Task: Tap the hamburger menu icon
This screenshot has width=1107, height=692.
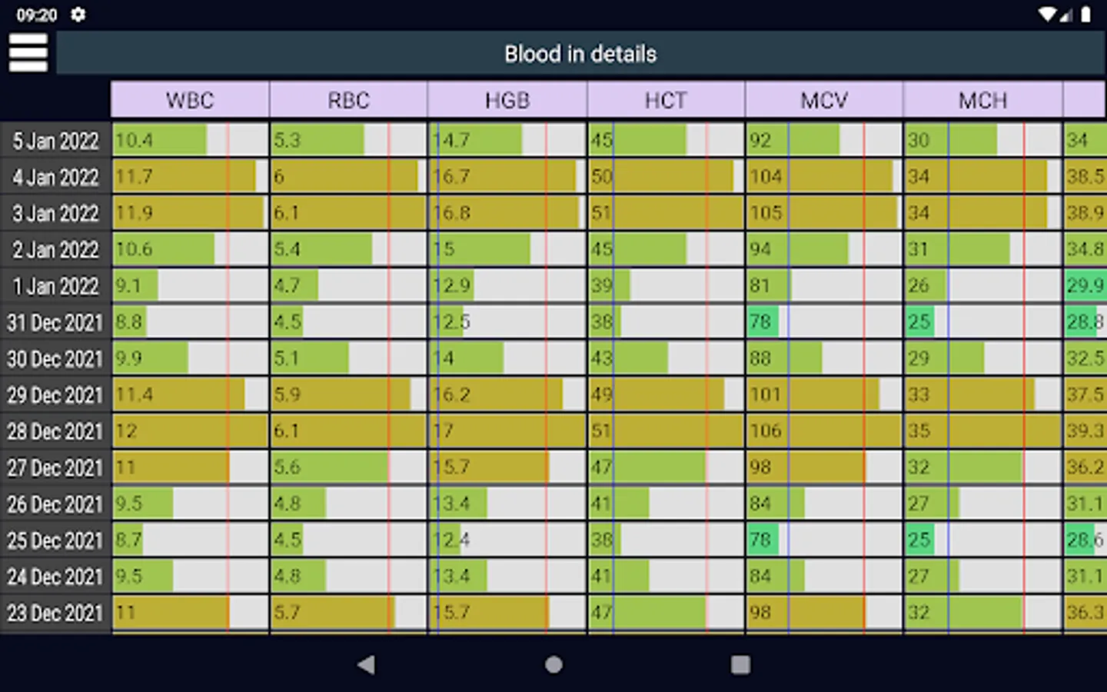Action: (x=28, y=53)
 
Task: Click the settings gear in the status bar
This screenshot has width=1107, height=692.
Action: (x=78, y=15)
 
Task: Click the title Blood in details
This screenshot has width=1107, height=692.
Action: (x=580, y=54)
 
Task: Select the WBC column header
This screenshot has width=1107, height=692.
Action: (x=190, y=101)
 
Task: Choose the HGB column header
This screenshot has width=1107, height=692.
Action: (x=507, y=101)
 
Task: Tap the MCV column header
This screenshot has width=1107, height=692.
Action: (x=824, y=101)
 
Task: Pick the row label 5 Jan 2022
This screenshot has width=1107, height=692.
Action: (x=55, y=141)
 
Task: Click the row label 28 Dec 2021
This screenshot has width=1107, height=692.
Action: (x=55, y=431)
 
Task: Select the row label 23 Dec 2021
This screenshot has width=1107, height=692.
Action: (x=55, y=613)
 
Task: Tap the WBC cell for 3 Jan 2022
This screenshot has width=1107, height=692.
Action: (x=190, y=213)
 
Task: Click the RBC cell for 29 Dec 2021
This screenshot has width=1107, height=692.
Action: (x=349, y=395)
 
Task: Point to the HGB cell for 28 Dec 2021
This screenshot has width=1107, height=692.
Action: (x=507, y=431)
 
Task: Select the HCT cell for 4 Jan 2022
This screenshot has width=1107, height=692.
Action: (x=666, y=177)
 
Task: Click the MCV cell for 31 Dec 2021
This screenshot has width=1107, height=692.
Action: (x=824, y=322)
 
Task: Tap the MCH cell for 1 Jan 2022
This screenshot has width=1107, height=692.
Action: (x=982, y=286)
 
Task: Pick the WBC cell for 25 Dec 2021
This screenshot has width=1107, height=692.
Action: (x=190, y=541)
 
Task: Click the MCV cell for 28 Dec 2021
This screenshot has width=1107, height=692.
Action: (x=824, y=431)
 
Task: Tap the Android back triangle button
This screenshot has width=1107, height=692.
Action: (x=367, y=664)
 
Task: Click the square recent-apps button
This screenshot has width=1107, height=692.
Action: (x=740, y=664)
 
